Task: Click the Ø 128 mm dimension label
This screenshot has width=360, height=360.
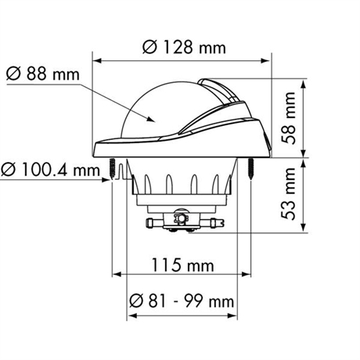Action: (x=184, y=48)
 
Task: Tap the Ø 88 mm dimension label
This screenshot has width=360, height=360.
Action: (x=43, y=74)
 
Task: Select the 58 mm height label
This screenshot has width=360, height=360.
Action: (x=289, y=118)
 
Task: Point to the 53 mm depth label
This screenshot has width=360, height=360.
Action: (x=289, y=193)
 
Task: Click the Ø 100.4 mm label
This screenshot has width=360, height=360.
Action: (x=50, y=170)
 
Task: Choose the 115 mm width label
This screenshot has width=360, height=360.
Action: (x=182, y=265)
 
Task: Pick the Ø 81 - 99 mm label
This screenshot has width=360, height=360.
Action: (x=182, y=301)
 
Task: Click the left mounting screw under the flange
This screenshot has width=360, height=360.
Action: (x=112, y=168)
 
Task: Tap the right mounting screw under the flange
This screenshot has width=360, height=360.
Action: (x=250, y=168)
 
